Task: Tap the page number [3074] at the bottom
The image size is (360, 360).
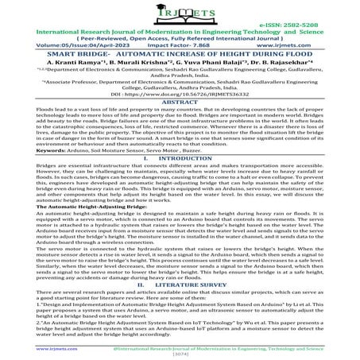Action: pos(180,354)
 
